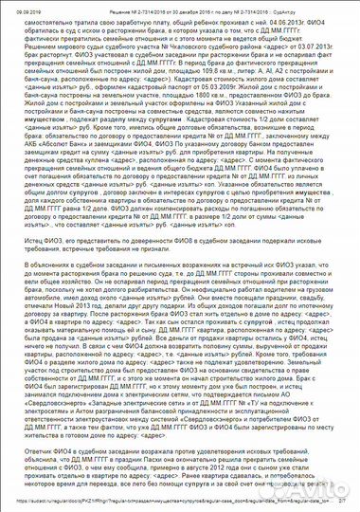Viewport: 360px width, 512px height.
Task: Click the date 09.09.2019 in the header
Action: click(x=17, y=5)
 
